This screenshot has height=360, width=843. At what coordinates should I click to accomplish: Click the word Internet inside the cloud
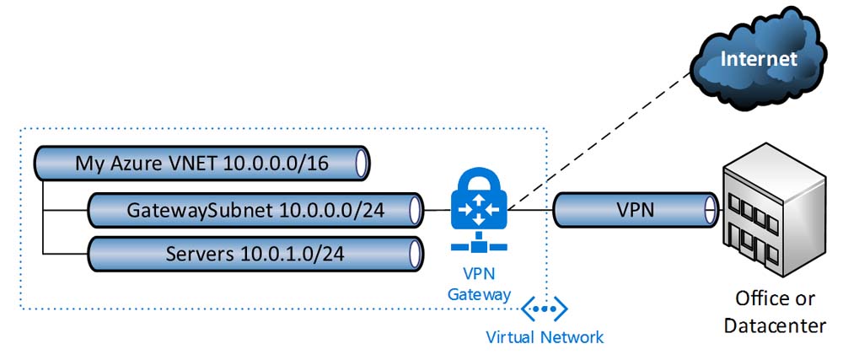coord(758,58)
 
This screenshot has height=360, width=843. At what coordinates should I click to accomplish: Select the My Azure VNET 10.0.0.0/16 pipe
coord(202,162)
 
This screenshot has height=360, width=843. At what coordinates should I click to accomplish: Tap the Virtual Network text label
coord(545,337)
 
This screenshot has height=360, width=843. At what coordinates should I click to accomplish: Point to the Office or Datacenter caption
coord(775,312)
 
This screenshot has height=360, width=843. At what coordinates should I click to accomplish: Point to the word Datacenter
coord(775,325)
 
